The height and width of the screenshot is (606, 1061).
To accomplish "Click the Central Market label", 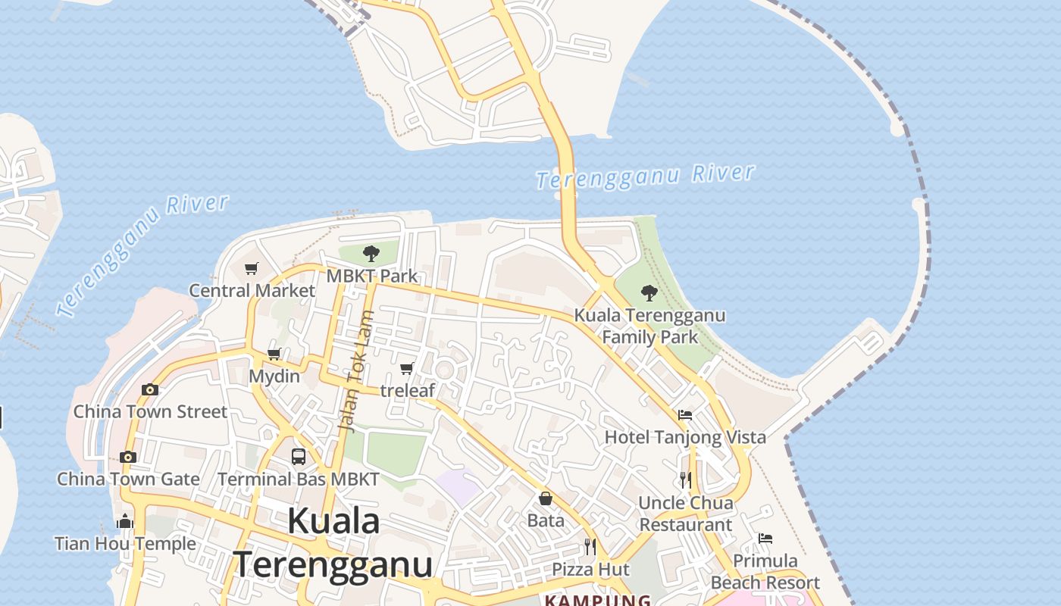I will [252, 290].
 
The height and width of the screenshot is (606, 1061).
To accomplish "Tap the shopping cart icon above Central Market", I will [252, 268].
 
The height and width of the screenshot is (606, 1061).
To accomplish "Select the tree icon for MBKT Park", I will [371, 253].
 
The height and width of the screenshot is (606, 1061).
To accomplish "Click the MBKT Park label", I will [372, 276].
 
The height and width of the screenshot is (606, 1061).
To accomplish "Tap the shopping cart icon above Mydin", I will [274, 354].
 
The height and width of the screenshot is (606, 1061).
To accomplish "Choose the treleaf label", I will [408, 390].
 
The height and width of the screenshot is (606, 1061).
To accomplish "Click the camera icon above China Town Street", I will [150, 389].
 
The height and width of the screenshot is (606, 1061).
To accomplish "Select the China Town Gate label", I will [128, 479].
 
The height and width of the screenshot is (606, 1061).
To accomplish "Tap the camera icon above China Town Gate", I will [127, 457].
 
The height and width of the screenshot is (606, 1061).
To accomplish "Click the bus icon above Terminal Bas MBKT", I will [299, 457].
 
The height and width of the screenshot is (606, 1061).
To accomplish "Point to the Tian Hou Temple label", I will [125, 543].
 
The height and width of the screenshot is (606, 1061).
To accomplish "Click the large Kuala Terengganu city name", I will [333, 543].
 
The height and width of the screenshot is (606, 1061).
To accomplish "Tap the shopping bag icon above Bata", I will [546, 498].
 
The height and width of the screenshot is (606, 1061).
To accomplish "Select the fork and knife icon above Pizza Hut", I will [590, 546].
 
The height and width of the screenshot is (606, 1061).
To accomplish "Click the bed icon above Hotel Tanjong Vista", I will [685, 414].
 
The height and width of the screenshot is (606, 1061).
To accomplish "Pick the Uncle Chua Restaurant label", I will [686, 514].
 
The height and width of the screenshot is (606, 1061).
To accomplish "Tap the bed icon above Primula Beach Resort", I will [765, 539].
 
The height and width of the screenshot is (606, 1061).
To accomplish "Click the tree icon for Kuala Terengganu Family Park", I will [649, 292].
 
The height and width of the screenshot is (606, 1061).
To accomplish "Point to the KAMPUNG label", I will [598, 601].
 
